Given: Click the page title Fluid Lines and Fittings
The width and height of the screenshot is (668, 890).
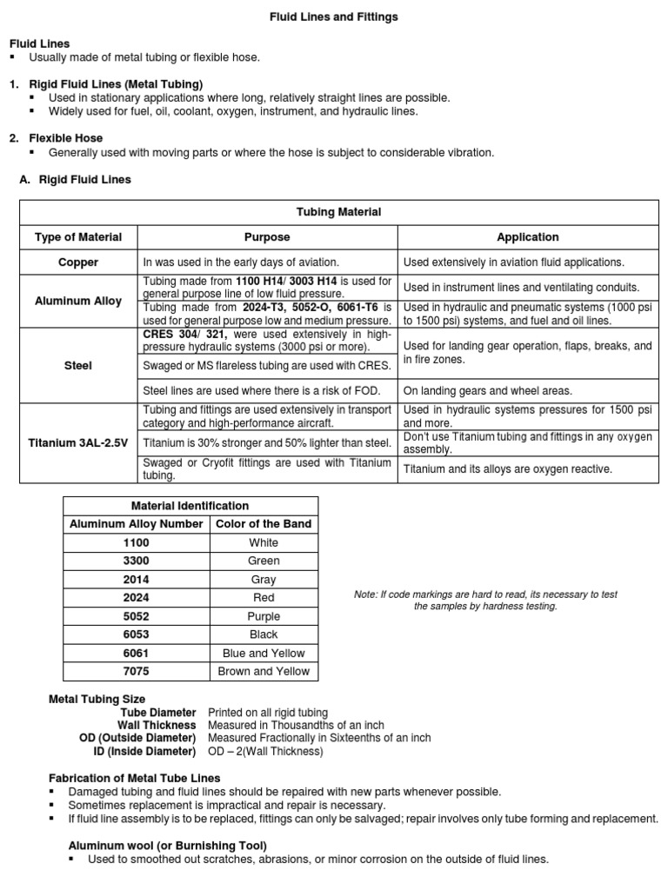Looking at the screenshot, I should [333, 17].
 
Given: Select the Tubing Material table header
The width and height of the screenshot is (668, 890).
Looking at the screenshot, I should [338, 212].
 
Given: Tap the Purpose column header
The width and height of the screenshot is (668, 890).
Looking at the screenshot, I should [267, 236].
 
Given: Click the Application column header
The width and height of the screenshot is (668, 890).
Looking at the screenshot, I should [527, 236].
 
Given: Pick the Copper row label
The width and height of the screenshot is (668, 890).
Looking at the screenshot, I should [78, 262].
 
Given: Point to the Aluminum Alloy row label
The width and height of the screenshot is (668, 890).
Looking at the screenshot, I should [78, 301].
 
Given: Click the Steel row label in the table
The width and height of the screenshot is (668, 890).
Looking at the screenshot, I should [78, 366].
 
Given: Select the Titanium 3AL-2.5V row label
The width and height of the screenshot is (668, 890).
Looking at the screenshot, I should [78, 443].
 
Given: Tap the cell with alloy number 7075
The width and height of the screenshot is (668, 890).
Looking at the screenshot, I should [137, 671].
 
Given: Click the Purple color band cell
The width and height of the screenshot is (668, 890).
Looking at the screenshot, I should [264, 616].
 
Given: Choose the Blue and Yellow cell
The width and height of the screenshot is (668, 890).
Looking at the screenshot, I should [264, 653].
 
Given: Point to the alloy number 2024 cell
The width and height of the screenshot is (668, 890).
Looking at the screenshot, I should [137, 597].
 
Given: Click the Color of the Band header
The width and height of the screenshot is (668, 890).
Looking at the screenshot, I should [264, 523].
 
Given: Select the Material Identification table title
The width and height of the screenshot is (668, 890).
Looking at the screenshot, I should [190, 505].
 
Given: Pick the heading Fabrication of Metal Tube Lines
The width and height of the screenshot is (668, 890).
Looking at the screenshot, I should [135, 778].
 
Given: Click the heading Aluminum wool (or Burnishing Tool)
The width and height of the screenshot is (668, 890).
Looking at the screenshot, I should [168, 845].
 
